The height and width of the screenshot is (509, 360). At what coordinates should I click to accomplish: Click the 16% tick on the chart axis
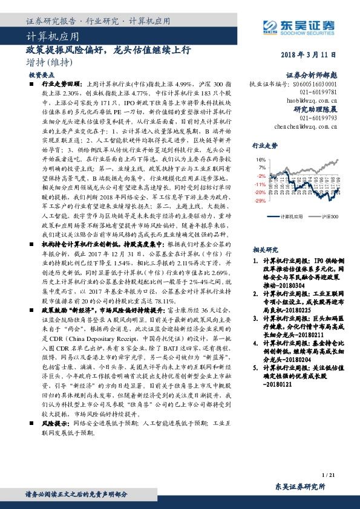point(260,160)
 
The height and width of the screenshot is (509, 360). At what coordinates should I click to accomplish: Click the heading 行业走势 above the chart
point(265,146)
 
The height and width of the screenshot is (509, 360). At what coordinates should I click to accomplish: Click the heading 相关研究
point(265,249)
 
